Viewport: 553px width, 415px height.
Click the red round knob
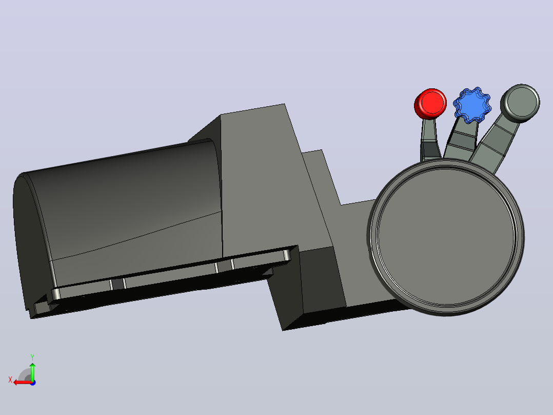(430, 103)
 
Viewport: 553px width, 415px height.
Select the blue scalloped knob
(472, 105)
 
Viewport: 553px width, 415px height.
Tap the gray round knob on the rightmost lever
(520, 103)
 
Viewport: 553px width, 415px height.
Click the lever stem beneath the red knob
(429, 140)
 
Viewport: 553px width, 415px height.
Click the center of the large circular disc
(446, 237)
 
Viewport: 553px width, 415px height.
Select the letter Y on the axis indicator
(32, 357)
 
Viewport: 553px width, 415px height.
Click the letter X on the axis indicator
(10, 380)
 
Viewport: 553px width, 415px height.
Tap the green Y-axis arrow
(32, 371)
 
